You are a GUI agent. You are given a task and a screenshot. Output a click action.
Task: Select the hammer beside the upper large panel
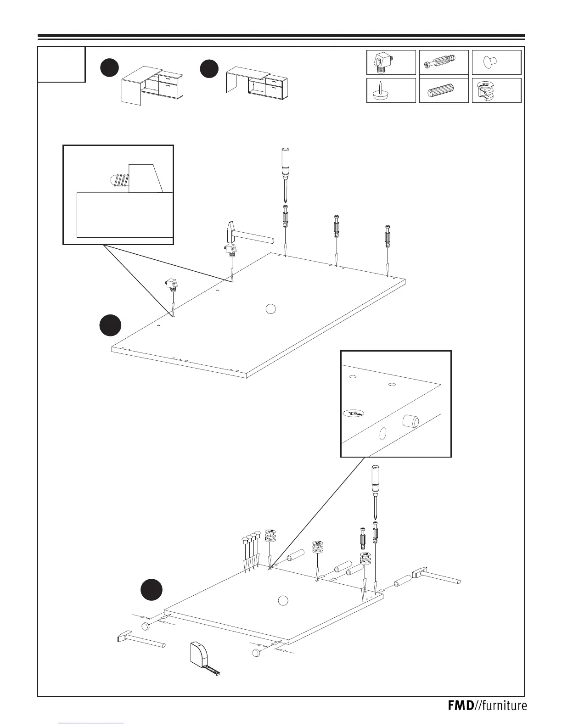point(243,235)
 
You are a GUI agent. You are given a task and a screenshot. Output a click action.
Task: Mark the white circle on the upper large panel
point(271,309)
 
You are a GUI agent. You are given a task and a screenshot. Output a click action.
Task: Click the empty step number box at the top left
point(62,64)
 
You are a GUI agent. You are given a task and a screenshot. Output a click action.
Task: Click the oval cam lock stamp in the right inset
point(354,412)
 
